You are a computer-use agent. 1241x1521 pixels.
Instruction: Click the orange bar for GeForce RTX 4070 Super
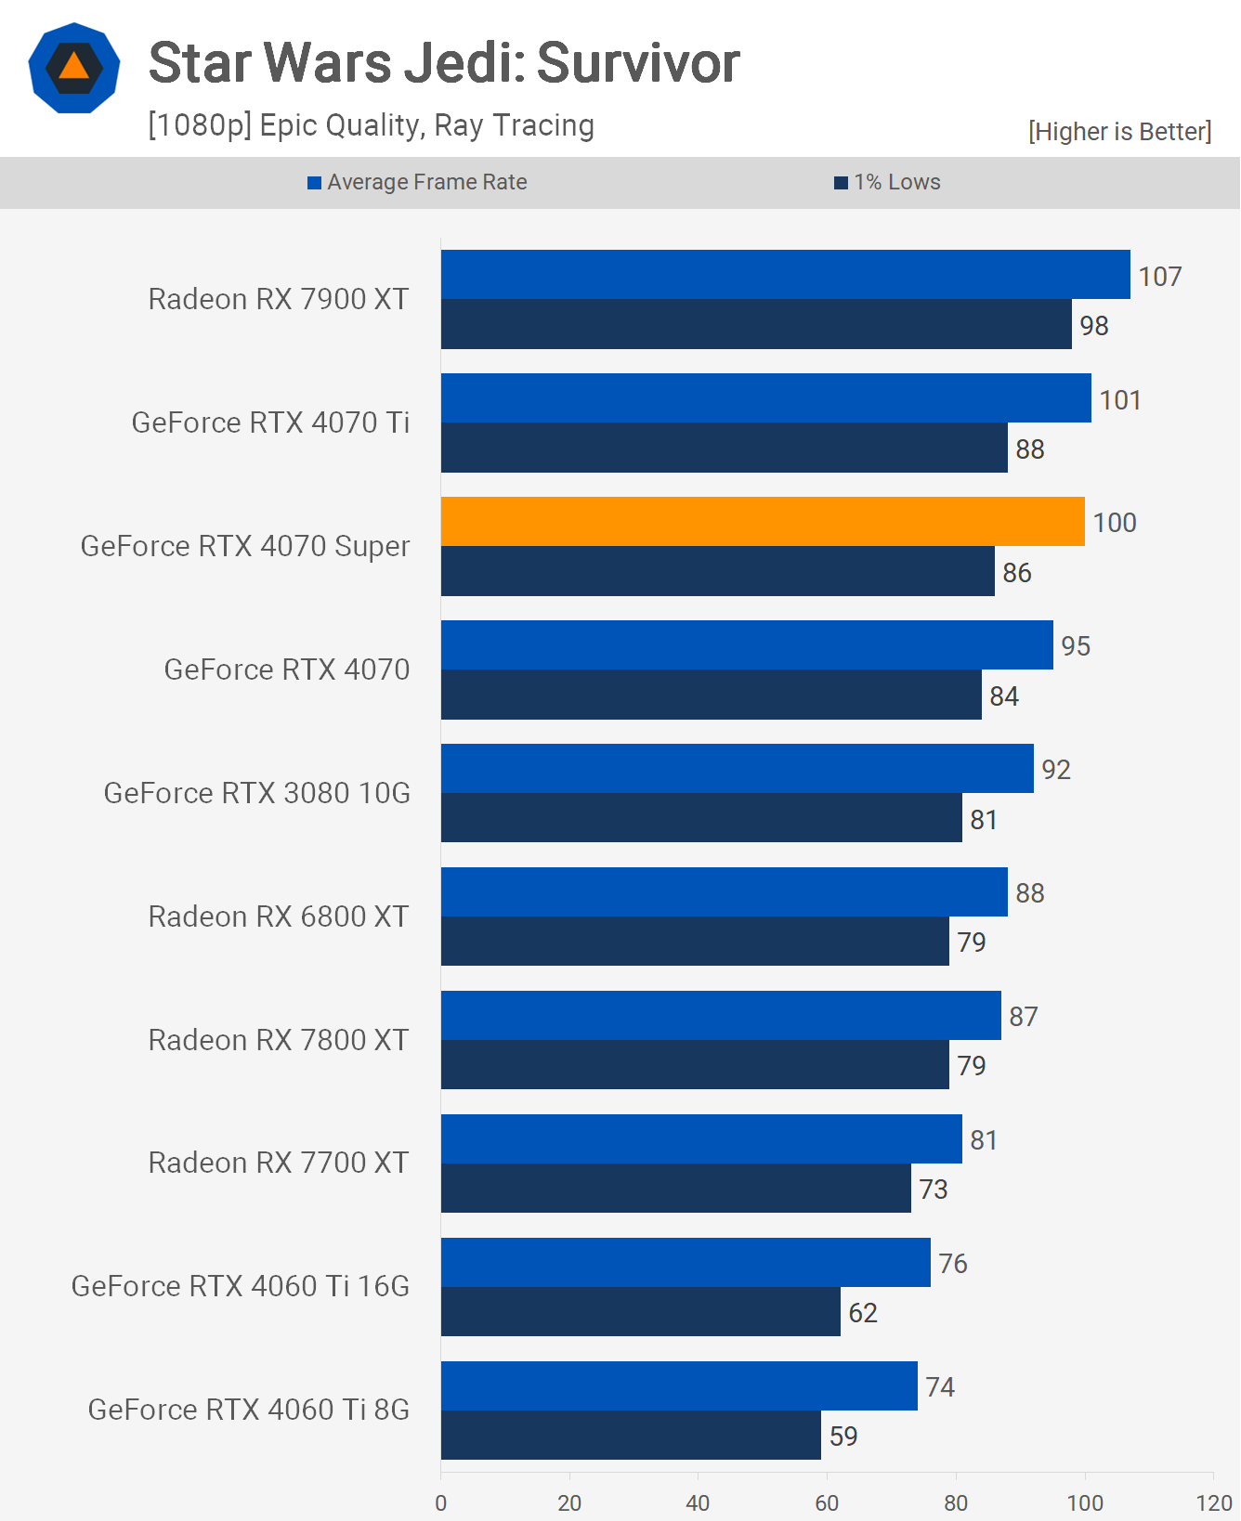pos(762,521)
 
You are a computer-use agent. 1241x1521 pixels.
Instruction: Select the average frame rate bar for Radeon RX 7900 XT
pos(785,274)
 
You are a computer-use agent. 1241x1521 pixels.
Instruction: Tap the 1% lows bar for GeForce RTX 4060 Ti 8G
pos(631,1435)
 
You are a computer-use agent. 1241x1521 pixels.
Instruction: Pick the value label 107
pos(1159,277)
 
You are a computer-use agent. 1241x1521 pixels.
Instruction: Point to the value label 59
pos(843,1436)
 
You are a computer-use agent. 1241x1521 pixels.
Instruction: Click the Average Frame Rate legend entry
pos(418,182)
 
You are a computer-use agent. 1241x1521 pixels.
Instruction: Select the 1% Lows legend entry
pos(888,182)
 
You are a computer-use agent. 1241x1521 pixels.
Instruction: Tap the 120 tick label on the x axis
pos(1214,1503)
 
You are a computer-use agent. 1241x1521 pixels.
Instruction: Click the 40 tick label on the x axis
pos(698,1503)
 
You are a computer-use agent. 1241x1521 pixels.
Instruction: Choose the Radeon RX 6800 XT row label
pos(279,916)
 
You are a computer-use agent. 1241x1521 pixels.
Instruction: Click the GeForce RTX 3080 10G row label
pos(257,793)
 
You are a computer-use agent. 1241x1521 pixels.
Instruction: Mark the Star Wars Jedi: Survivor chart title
pos(444,63)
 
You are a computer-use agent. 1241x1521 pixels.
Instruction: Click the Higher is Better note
pos(1119,132)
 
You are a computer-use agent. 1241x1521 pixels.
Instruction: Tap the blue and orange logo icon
pos(74,68)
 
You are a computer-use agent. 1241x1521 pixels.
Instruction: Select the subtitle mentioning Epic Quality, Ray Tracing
pos(372,125)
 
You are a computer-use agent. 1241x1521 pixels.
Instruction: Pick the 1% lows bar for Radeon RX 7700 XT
pos(675,1188)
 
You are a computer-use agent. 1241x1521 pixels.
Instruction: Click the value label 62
pos(863,1313)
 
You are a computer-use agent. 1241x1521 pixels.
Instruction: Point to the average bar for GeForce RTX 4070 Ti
pos(765,397)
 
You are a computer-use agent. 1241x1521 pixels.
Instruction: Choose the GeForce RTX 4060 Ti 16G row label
pos(241,1286)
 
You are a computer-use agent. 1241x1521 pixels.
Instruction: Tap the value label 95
pos(1076,646)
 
